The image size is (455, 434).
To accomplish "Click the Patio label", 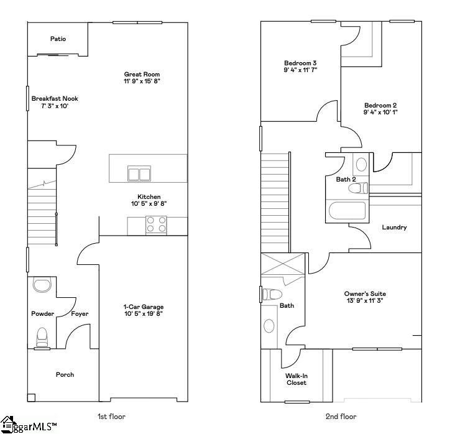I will pyautogui.click(x=58, y=39).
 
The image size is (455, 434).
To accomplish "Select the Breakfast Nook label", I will pyautogui.click(x=55, y=98).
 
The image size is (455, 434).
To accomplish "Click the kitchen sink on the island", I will pyautogui.click(x=139, y=173).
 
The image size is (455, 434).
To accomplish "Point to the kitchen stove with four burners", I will pyautogui.click(x=156, y=224).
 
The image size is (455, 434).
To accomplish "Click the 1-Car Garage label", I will pyautogui.click(x=143, y=307).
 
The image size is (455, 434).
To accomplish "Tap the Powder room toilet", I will pyautogui.click(x=42, y=336).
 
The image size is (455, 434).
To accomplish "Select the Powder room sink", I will pyautogui.click(x=42, y=285).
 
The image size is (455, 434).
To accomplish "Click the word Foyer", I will pyautogui.click(x=80, y=314).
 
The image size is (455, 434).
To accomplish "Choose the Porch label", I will pyautogui.click(x=65, y=374).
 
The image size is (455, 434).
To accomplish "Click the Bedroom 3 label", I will pyautogui.click(x=300, y=63).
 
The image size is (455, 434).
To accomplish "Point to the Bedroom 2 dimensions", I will pyautogui.click(x=380, y=113).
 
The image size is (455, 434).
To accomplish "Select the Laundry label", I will pyautogui.click(x=394, y=227).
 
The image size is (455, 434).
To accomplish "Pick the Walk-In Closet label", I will pyautogui.click(x=296, y=379).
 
